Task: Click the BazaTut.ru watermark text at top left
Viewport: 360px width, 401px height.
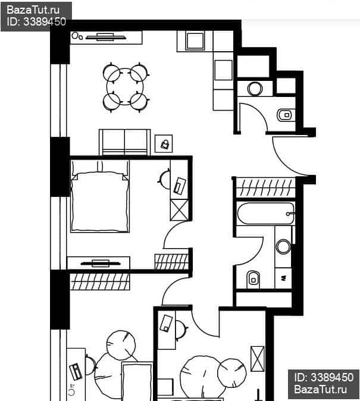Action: [33, 10]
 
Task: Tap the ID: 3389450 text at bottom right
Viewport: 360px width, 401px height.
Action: [324, 377]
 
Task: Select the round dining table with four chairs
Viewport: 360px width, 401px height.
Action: [126, 87]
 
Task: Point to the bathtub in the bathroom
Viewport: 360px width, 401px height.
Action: [265, 214]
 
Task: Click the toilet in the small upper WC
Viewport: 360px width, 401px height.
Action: [286, 115]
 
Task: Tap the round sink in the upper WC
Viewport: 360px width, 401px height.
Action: [255, 89]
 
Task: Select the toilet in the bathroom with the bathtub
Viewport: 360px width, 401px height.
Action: [253, 280]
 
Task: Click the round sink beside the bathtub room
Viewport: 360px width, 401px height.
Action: [283, 246]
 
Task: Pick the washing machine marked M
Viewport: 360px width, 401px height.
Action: [283, 278]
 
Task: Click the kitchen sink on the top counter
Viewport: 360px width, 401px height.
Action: [195, 41]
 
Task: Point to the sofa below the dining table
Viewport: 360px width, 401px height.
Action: [124, 142]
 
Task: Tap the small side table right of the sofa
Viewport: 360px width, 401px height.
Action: [164, 144]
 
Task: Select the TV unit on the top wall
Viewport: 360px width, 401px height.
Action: [106, 37]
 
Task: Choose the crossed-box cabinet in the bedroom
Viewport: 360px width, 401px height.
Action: [179, 210]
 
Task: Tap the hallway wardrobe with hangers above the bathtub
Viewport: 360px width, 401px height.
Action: [265, 188]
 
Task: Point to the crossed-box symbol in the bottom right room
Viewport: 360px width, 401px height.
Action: [258, 359]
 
